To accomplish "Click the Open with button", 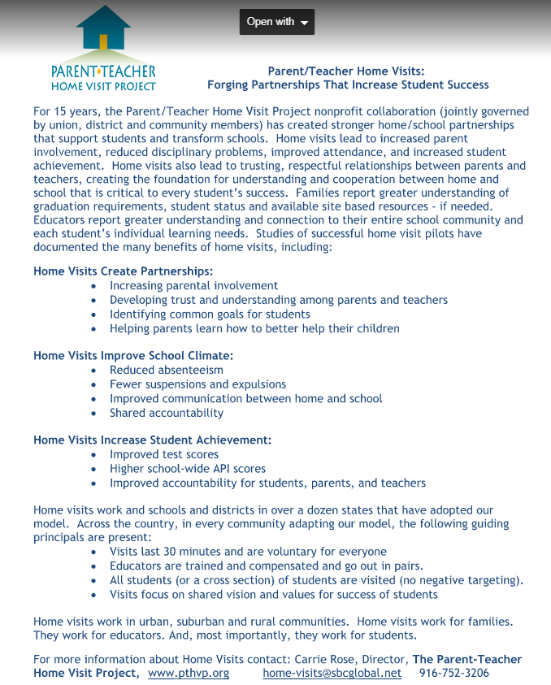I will click(x=277, y=22).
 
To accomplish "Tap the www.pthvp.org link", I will click(x=188, y=673).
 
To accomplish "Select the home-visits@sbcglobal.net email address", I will click(x=332, y=673).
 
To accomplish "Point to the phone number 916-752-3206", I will click(x=453, y=673).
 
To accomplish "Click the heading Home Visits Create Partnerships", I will click(x=124, y=271).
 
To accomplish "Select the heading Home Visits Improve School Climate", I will click(x=133, y=356).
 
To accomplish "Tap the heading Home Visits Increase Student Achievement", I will click(x=152, y=440).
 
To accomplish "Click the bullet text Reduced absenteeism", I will click(x=166, y=371).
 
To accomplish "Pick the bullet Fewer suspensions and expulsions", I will click(x=197, y=384).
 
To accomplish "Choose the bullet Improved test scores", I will click(x=164, y=455).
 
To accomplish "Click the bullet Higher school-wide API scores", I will click(x=188, y=469).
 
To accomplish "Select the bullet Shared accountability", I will click(x=167, y=413).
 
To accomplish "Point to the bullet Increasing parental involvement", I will click(x=193, y=286).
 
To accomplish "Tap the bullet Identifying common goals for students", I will click(x=210, y=314).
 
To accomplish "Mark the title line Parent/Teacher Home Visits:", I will click(x=346, y=72).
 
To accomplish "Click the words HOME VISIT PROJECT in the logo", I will click(x=102, y=86).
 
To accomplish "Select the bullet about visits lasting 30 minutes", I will click(x=248, y=552).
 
